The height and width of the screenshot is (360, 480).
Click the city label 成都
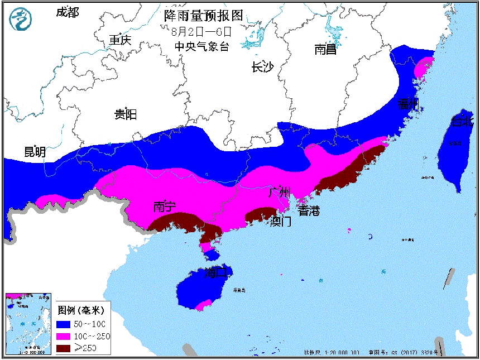[68, 12]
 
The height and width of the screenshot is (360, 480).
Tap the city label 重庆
[119, 40]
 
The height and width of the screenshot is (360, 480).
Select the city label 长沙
[262, 67]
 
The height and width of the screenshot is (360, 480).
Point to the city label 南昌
[325, 50]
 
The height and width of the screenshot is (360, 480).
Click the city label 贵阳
[126, 114]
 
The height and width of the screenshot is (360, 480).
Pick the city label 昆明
[35, 152]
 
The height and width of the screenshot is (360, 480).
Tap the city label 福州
[408, 104]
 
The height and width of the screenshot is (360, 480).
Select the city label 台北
[462, 122]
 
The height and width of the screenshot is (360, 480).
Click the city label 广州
[279, 193]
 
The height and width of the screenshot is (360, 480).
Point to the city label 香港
[309, 210]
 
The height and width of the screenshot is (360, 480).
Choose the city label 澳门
[280, 222]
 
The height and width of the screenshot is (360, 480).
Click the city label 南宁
[165, 207]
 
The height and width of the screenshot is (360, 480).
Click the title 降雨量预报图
[204, 15]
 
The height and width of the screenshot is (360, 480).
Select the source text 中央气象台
[201, 47]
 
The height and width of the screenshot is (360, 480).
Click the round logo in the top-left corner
[22, 20]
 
